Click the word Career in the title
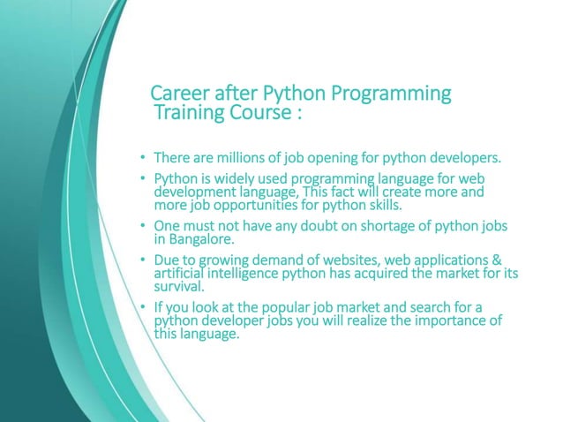[x=176, y=93]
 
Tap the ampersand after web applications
[x=497, y=260]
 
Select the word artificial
[x=184, y=273]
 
